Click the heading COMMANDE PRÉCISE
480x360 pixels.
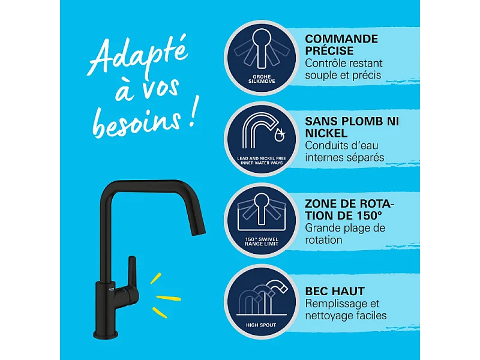[341, 45]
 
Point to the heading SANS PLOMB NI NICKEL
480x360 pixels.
[352, 127]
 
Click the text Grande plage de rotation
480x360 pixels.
[344, 234]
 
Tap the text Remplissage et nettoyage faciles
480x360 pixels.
[346, 310]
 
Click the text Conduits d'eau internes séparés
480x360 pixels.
[344, 151]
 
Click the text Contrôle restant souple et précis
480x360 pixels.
[344, 70]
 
